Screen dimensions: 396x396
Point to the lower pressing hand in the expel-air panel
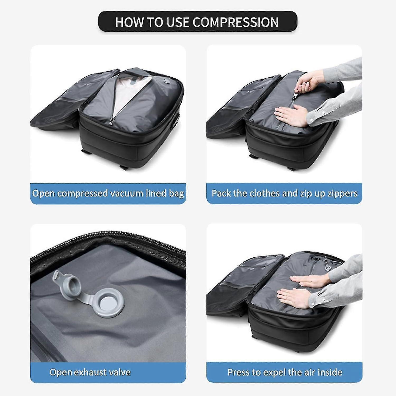click(x=293, y=297)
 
